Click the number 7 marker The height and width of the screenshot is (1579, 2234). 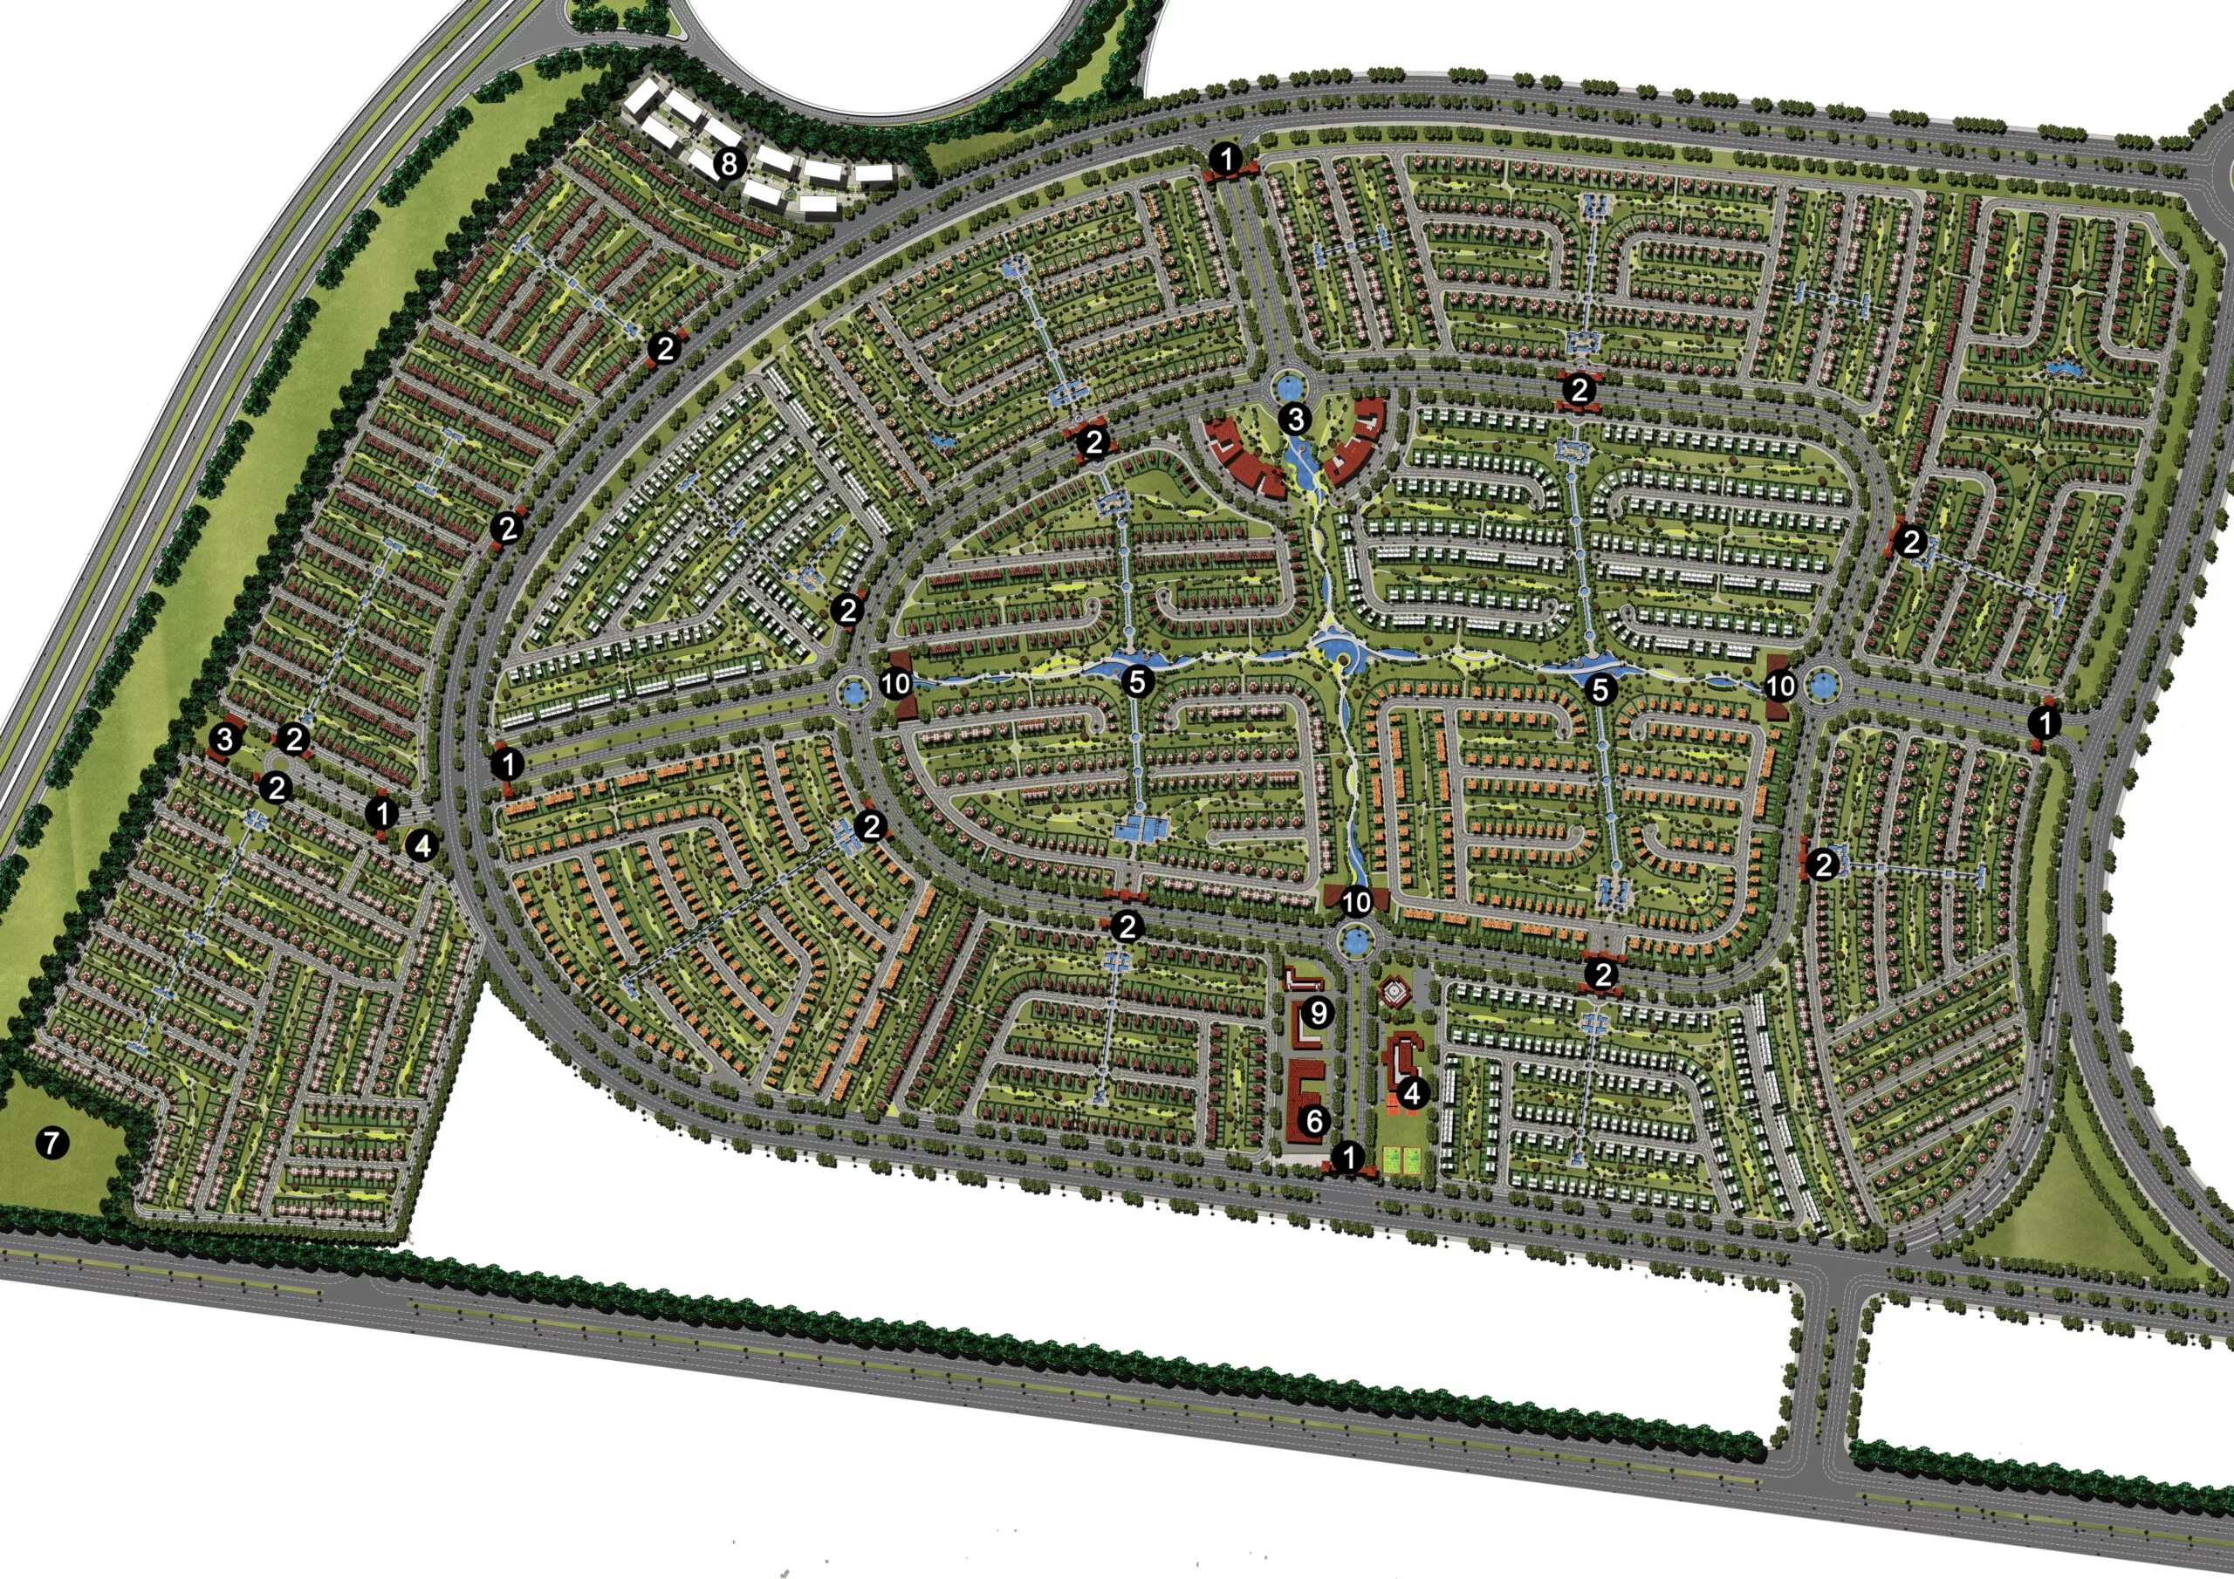point(51,1142)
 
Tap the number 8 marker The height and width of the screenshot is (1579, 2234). point(728,163)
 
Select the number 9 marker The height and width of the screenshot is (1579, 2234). point(1318,1013)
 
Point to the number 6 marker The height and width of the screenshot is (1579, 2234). point(1314,1121)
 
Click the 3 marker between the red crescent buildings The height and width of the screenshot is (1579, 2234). point(1294,420)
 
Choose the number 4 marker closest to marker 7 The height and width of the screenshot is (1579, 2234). point(421,845)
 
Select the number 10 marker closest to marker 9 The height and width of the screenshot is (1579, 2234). point(1355,902)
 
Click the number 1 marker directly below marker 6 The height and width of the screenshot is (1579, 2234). point(1347,1157)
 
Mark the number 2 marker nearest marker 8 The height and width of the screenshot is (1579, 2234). point(665,348)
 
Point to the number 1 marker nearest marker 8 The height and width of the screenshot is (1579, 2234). point(1227,158)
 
